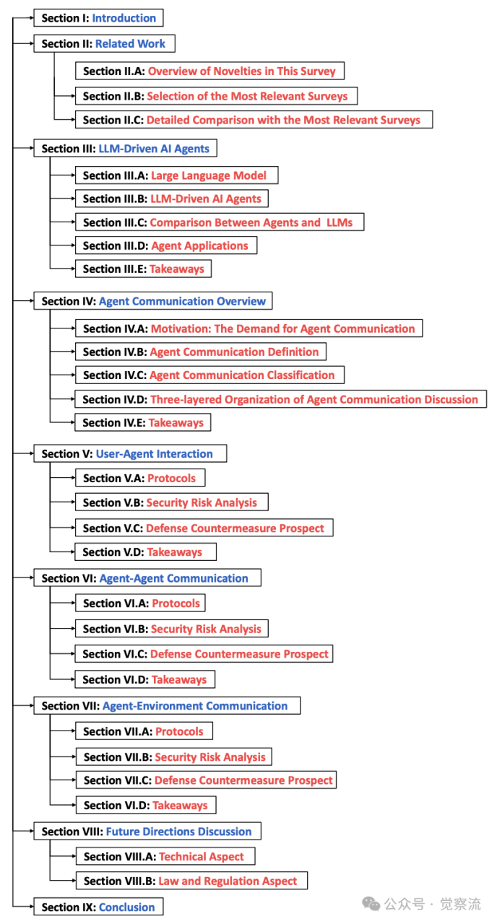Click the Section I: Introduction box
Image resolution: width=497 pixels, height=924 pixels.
click(98, 18)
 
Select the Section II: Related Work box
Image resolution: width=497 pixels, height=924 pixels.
click(104, 44)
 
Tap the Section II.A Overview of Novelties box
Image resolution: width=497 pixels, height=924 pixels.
click(209, 71)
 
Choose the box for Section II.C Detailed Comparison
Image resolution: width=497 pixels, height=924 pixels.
click(253, 120)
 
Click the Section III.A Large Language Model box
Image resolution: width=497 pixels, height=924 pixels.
click(176, 175)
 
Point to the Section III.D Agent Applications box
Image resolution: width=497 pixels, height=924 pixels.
click(165, 245)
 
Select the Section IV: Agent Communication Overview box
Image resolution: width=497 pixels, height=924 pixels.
click(153, 301)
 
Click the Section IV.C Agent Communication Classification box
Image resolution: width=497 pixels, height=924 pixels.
click(209, 375)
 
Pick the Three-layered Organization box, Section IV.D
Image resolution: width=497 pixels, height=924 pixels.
click(280, 399)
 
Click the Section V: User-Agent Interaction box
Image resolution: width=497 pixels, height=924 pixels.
click(130, 454)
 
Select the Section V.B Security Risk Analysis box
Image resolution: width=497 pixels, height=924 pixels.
click(171, 502)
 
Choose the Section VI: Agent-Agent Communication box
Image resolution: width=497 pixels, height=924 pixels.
click(147, 578)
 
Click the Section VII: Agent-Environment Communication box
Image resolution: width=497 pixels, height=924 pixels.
click(167, 706)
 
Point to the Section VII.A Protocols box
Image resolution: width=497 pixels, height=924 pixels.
click(144, 731)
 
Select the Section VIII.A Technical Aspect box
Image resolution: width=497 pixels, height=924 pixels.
click(165, 857)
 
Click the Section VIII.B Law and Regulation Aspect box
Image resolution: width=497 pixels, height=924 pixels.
click(191, 881)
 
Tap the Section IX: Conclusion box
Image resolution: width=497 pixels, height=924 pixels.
click(98, 907)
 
